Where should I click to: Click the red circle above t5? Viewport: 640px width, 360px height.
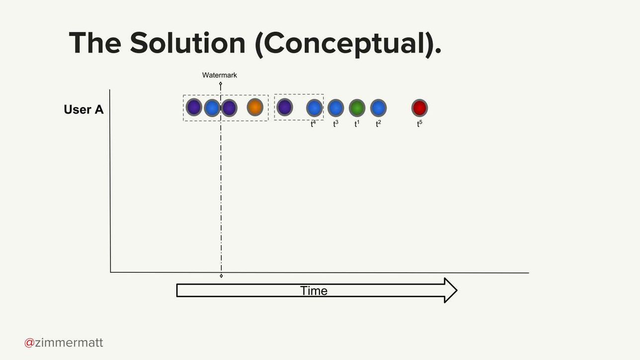point(419,108)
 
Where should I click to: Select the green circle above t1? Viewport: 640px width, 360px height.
point(357,108)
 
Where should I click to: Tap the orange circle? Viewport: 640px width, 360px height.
point(255,107)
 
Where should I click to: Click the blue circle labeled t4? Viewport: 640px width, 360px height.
point(314,108)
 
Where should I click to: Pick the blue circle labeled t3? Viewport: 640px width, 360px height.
point(336,108)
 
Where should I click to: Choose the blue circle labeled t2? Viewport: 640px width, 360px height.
point(378,108)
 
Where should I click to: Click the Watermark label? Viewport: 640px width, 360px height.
point(220,75)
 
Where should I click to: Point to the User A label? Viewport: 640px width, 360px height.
point(83,109)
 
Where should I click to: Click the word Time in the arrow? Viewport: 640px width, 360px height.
point(314,290)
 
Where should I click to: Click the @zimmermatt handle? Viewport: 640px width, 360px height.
point(64,343)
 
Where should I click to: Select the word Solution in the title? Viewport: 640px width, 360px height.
point(188,43)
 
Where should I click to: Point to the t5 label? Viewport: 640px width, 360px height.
point(419,124)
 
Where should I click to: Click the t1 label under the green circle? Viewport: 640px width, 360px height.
point(357,124)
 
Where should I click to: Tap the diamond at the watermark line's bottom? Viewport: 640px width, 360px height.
point(221,276)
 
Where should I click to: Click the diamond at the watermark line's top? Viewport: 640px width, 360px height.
point(221,83)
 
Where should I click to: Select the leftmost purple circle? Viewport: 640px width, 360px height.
point(194,107)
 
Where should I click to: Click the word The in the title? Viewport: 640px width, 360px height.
point(95,43)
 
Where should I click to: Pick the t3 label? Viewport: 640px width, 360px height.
point(336,124)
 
